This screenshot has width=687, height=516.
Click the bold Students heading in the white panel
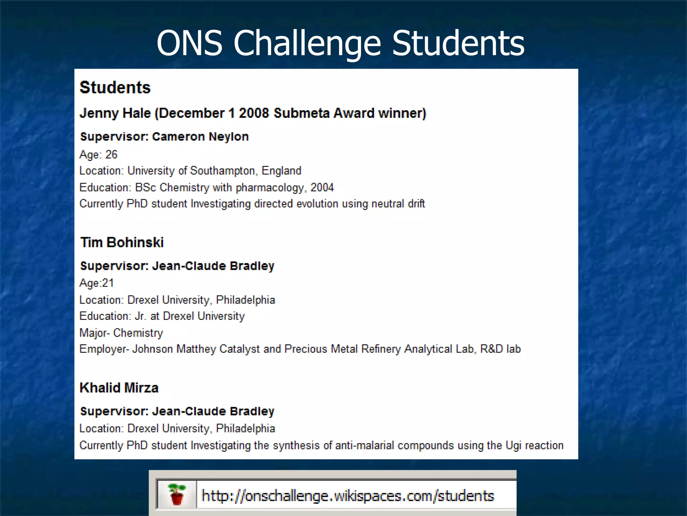click(x=115, y=87)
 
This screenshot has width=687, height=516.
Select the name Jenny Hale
click(x=115, y=113)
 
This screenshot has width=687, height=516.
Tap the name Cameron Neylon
click(x=200, y=137)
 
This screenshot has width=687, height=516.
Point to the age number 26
click(x=111, y=155)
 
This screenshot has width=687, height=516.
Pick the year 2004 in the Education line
click(x=322, y=187)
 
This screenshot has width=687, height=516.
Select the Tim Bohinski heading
click(x=122, y=242)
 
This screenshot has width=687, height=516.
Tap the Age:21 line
click(x=97, y=283)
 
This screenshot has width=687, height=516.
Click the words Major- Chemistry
click(x=121, y=333)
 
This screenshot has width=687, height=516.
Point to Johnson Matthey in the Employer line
click(x=174, y=349)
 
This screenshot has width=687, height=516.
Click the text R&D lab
click(x=500, y=349)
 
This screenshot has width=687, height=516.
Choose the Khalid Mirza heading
click(x=119, y=388)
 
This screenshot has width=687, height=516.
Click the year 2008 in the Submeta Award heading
click(x=254, y=113)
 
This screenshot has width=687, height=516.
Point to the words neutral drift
click(x=398, y=204)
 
